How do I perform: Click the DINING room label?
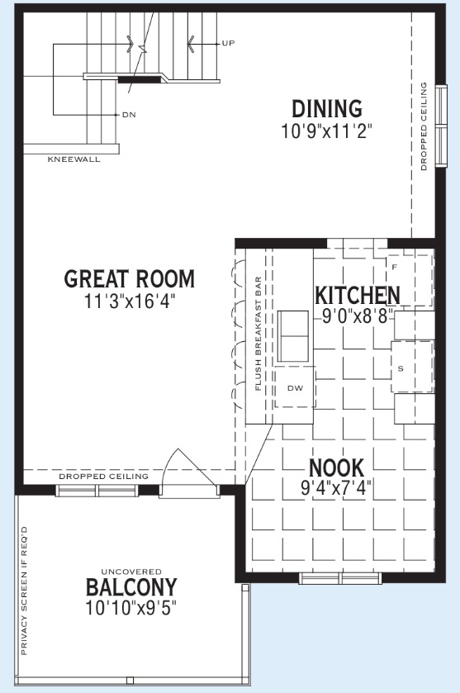point(327,109)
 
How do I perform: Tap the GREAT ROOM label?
point(130,278)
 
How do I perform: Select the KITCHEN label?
point(358,295)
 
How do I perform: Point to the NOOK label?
point(336,468)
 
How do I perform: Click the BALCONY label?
point(131,587)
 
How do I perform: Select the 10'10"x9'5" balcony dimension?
point(131,608)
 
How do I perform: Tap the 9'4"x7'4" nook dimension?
point(336,488)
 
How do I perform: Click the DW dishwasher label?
point(295,388)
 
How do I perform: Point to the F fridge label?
point(395,268)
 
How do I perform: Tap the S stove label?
point(401,368)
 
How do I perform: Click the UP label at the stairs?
point(228,43)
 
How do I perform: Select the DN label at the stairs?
point(129,115)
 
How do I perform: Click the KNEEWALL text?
point(74,159)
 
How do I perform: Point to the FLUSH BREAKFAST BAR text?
point(258,334)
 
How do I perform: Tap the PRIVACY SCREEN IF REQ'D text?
point(24,591)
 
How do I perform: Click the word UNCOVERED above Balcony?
point(131,572)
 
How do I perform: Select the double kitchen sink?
point(293,336)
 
